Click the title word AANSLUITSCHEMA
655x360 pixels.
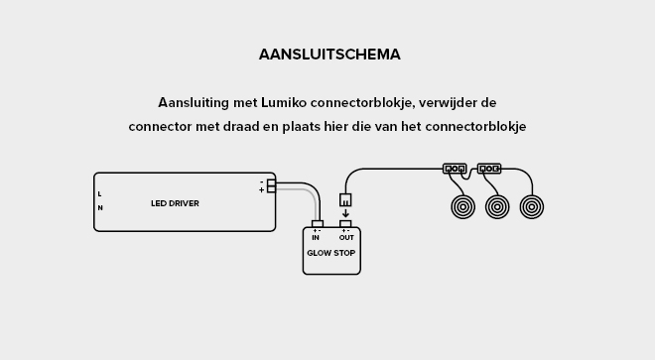click(x=329, y=55)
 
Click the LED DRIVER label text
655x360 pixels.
click(x=175, y=203)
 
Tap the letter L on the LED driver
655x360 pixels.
click(x=99, y=193)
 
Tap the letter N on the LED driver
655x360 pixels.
click(x=99, y=208)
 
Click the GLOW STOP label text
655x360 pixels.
click(x=330, y=253)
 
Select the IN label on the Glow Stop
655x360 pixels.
click(x=316, y=238)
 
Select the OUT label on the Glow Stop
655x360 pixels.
click(x=345, y=238)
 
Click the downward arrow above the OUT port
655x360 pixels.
click(x=345, y=213)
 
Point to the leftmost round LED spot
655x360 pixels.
click(x=462, y=206)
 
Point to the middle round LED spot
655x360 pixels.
click(x=497, y=206)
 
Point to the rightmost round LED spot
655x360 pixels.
click(x=532, y=206)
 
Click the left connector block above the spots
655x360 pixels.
click(x=455, y=169)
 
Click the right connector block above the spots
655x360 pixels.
click(x=489, y=169)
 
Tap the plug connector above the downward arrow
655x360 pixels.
click(x=345, y=199)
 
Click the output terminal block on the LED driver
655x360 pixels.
click(x=271, y=185)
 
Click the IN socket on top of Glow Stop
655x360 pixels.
click(x=317, y=224)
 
